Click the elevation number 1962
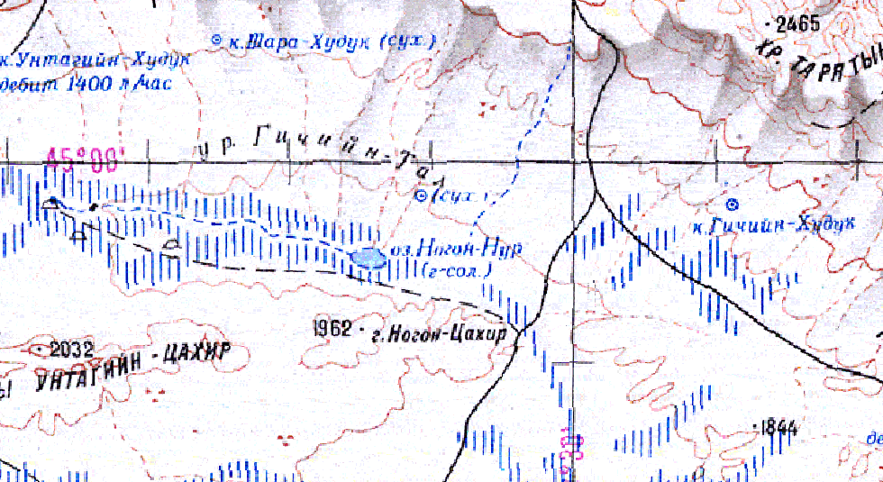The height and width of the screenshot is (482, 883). [x=332, y=328]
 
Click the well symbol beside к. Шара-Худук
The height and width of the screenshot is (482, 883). [x=216, y=40]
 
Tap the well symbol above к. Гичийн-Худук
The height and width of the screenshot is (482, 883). [x=733, y=203]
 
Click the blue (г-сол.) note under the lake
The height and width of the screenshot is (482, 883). [x=457, y=268]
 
